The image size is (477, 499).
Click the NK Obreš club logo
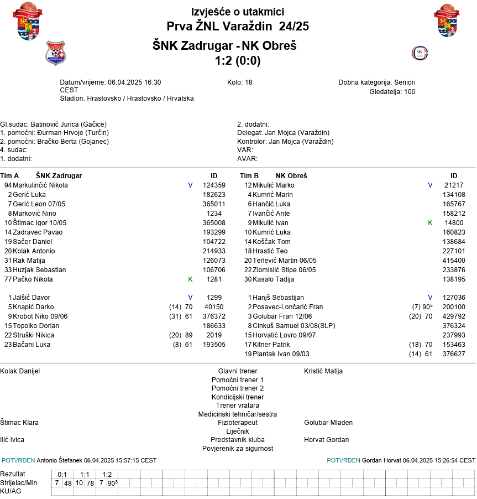(x=420, y=53)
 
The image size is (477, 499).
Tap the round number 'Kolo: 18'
(x=239, y=82)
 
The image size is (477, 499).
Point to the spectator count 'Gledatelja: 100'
(x=392, y=92)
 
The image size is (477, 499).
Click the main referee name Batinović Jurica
(x=54, y=124)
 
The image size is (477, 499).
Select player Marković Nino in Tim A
(x=34, y=214)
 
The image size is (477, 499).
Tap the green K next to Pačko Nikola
(x=190, y=279)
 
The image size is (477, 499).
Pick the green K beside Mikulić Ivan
(x=430, y=223)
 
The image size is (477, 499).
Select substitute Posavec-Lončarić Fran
(x=287, y=307)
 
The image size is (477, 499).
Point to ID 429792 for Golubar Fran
(x=454, y=316)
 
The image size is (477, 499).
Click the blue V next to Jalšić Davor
(x=190, y=298)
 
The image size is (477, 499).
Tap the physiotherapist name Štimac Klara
(x=19, y=423)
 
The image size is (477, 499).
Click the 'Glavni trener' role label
(x=238, y=371)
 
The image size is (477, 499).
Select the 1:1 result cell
(x=85, y=475)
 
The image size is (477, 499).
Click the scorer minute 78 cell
(x=90, y=483)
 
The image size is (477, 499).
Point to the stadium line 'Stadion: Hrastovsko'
(x=127, y=98)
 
